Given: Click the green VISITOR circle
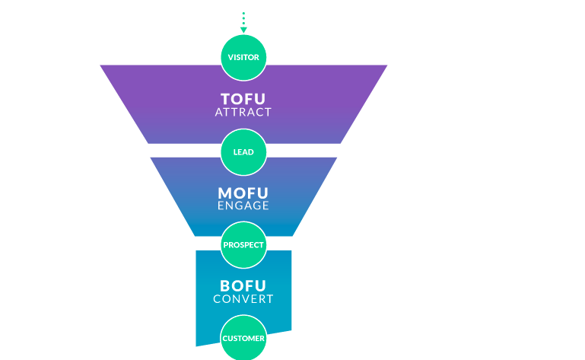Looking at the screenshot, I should coord(243,57).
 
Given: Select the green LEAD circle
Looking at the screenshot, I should coord(243,151).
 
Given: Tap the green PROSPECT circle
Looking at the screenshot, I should coord(243,245).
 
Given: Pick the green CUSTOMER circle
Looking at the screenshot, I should coord(243,338).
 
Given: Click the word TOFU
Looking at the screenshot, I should coord(243,99).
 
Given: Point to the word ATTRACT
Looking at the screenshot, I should coord(243,112).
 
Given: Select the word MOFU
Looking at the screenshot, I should coord(243,193).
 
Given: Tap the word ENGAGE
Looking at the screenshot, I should coord(243,205).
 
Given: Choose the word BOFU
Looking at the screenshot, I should coord(243,286).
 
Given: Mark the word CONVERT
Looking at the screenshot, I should coord(243,299).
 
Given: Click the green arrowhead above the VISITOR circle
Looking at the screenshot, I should coord(243,30).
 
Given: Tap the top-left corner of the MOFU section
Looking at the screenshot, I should coord(151,158).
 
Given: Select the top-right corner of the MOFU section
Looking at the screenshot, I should coord(335,158).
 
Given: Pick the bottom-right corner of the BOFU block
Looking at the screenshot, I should coord(291,332).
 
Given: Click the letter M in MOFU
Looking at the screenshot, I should coord(226,193).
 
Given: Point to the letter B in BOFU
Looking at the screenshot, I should coord(226,286).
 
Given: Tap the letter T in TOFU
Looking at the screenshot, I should coord(226,99).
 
